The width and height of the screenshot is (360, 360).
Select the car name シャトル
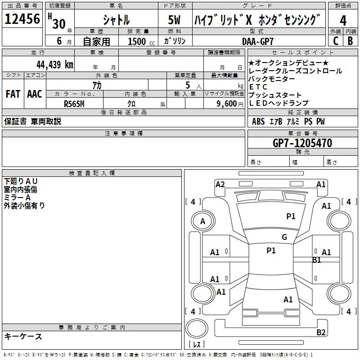click(116, 20)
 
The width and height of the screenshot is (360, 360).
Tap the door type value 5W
click(175, 20)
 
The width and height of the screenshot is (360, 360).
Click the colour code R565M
click(74, 103)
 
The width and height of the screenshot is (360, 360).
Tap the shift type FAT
click(13, 94)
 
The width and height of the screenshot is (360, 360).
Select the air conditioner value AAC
click(34, 94)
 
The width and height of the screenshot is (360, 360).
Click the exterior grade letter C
click(335, 41)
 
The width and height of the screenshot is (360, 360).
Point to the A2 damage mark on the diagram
click(220, 184)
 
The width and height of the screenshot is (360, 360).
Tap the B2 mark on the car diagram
click(321, 333)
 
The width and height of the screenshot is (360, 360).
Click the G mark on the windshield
click(284, 237)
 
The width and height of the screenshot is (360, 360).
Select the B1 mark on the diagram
click(317, 260)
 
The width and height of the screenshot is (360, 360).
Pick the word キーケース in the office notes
click(23, 336)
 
